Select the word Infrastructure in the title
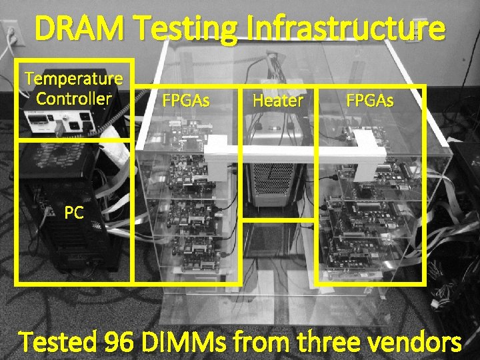343,29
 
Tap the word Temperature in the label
73,79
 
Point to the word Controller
73,99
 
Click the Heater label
278,101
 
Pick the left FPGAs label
187,101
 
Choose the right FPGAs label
369,101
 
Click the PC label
74,213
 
